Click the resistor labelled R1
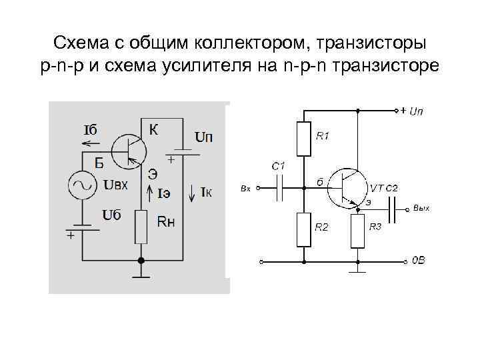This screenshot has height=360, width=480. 305,139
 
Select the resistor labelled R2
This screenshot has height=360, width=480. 305,229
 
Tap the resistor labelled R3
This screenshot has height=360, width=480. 359,231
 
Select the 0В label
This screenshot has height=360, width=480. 417,261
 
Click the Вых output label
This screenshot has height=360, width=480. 422,208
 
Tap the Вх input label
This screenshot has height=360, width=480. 245,189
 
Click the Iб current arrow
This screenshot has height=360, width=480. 91,142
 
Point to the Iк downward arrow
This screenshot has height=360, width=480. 193,193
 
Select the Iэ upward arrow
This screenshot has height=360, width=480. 149,193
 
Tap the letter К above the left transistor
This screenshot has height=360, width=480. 153,130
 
